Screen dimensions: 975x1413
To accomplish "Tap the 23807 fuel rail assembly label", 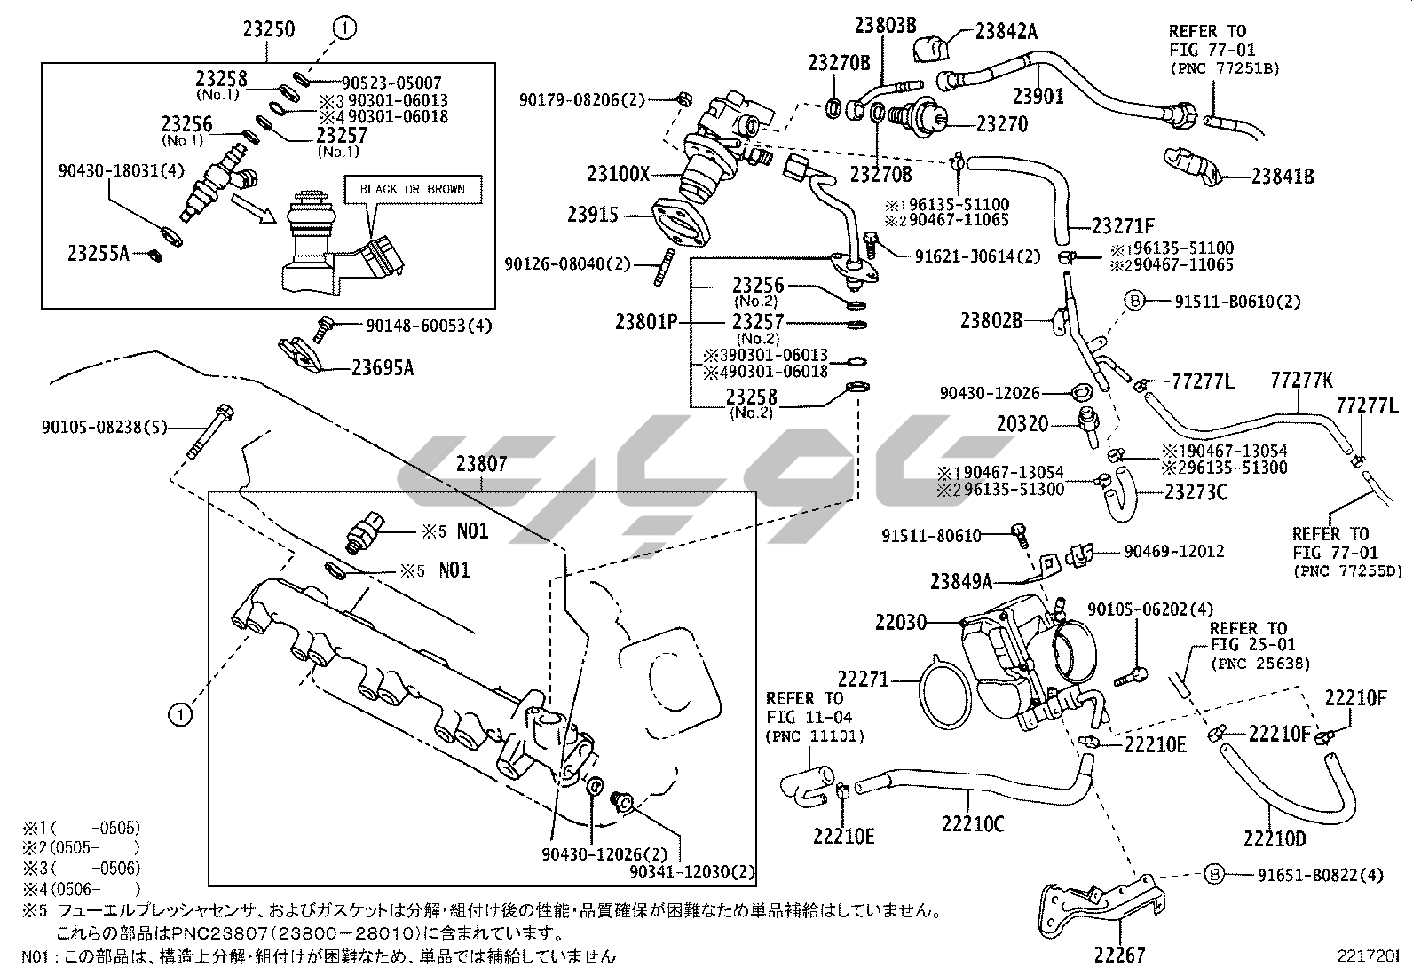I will click(x=482, y=463).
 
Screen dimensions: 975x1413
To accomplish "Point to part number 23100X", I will click(x=619, y=173).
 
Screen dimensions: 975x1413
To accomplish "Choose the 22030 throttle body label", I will click(x=900, y=623).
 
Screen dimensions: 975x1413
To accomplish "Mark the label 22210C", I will click(x=974, y=824).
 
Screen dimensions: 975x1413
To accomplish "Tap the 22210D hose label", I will click(x=1275, y=838).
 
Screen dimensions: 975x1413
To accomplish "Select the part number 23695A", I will click(x=383, y=366).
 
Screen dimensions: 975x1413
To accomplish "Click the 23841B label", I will click(x=1283, y=176).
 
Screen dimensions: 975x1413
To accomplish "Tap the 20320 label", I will click(x=1022, y=425).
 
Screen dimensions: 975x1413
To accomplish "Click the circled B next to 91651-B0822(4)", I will click(x=1213, y=875).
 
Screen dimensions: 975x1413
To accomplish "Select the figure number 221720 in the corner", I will click(x=1370, y=956).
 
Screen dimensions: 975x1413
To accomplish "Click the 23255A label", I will click(x=98, y=254).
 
